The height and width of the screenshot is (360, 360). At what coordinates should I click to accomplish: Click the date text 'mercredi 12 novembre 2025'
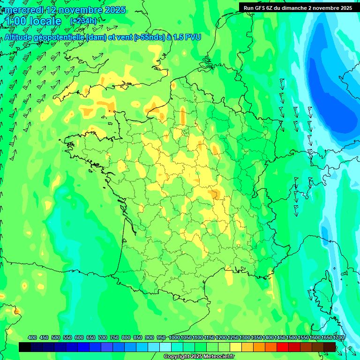(x=66, y=10)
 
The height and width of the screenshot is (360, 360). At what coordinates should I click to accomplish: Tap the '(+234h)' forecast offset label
(x=83, y=21)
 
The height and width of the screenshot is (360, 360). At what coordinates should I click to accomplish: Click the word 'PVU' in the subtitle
(x=193, y=37)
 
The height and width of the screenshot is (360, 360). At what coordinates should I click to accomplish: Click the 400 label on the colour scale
(x=32, y=338)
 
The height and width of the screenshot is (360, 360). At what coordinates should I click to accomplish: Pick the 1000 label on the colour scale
(x=174, y=338)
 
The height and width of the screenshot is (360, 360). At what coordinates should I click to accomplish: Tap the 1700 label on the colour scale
(x=326, y=338)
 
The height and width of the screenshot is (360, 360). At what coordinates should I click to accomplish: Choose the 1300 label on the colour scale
(x=245, y=338)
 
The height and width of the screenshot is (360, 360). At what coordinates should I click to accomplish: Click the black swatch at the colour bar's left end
(x=25, y=347)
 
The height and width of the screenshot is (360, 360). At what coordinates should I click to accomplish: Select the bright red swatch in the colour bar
(x=283, y=347)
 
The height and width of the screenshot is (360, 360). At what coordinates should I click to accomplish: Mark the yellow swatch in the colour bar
(x=236, y=347)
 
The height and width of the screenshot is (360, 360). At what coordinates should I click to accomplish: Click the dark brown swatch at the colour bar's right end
(x=330, y=347)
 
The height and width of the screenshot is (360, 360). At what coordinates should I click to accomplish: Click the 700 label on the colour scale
(x=103, y=338)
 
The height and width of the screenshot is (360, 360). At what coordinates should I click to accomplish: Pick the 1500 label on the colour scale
(x=292, y=338)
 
